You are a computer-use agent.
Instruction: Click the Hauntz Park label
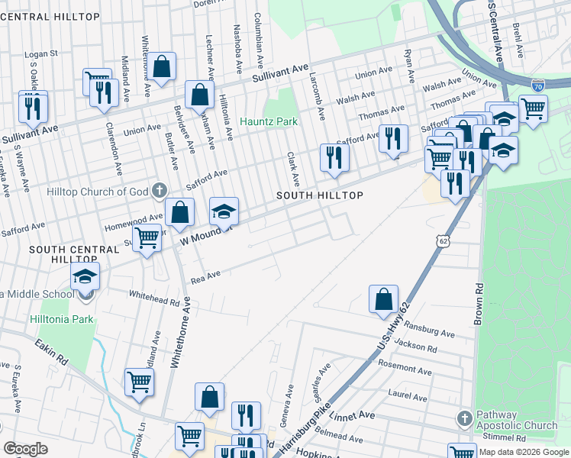[268, 121]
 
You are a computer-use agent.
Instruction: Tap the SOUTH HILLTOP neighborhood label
[319, 195]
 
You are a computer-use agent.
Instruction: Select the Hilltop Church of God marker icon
[159, 190]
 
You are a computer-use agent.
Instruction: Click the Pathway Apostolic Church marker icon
[464, 418]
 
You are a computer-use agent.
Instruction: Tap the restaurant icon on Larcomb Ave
[334, 157]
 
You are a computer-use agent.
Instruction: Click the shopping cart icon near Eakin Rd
[139, 382]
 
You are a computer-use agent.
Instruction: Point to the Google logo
[25, 449]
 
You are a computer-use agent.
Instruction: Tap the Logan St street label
[42, 54]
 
